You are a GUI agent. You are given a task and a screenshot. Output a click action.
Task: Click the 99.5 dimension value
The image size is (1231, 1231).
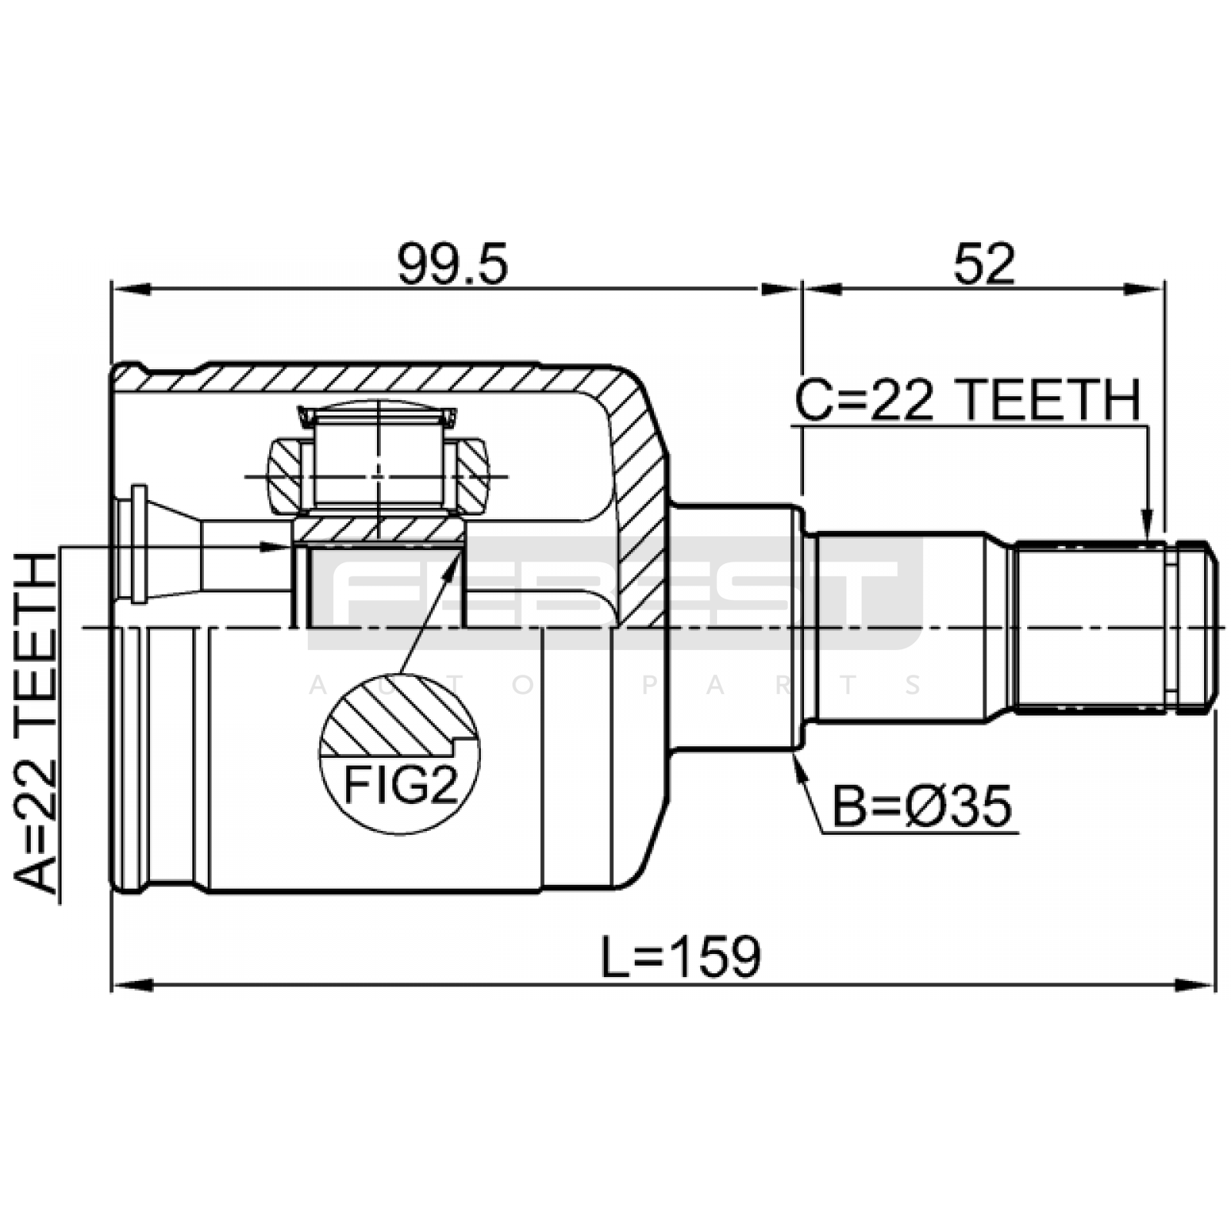(x=452, y=264)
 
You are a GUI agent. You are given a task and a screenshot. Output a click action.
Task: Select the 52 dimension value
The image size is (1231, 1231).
(x=984, y=264)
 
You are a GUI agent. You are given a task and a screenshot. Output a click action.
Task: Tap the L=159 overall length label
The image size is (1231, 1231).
(x=682, y=956)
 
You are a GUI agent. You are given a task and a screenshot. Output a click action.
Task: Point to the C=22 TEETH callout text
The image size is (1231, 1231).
(x=967, y=401)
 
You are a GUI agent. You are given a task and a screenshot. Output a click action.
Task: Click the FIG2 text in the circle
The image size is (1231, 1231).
(x=400, y=786)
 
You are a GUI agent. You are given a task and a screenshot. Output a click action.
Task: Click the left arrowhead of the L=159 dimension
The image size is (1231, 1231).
(x=131, y=985)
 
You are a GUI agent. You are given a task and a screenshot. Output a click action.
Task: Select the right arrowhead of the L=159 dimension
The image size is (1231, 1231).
(x=1198, y=985)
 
